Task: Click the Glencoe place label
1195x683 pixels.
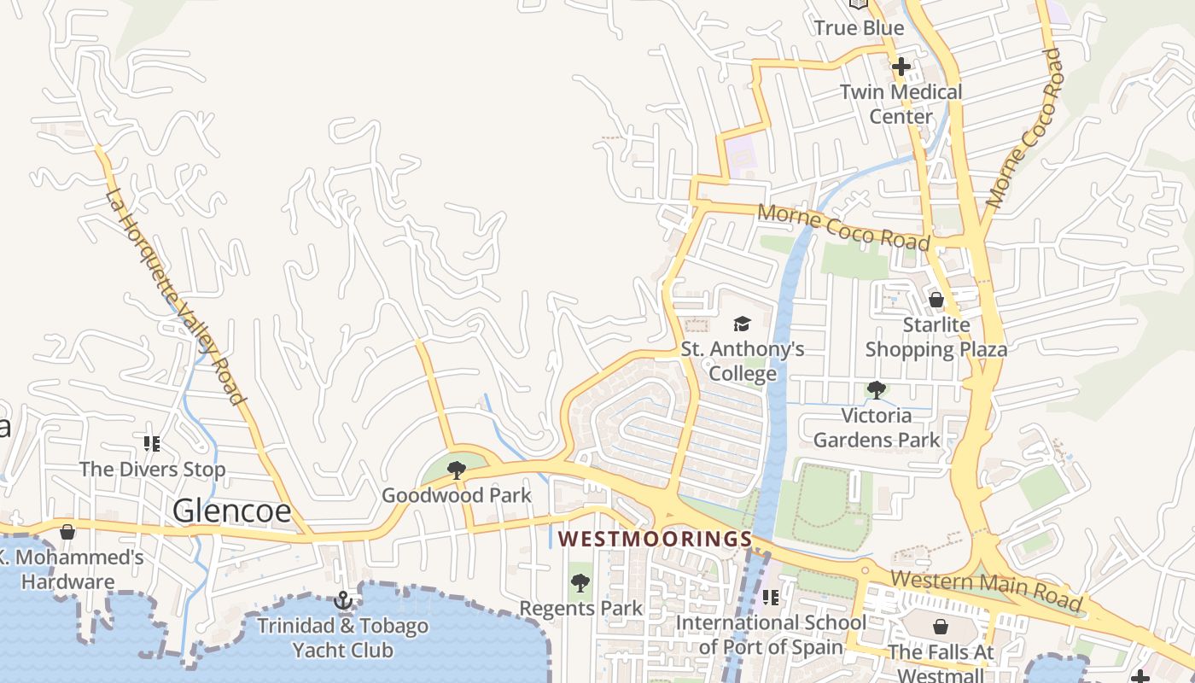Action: point(231,511)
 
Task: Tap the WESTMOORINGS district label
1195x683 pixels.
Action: point(655,540)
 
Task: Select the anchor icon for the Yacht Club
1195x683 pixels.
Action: point(343,600)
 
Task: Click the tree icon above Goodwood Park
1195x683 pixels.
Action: point(457,470)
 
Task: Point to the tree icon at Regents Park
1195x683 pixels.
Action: point(580,583)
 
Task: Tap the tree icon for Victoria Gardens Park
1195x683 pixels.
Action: point(876,390)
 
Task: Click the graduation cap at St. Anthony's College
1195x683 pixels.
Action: point(742,324)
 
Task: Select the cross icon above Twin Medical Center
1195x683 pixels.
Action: point(901,67)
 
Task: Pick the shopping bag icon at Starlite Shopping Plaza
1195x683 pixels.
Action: point(936,300)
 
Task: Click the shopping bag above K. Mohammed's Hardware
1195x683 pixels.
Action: point(67,532)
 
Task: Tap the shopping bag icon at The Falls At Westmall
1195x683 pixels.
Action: point(940,627)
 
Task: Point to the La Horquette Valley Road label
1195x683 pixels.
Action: point(176,297)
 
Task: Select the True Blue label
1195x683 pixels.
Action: point(859,28)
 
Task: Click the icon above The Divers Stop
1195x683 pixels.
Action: point(152,443)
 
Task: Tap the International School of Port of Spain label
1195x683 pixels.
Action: point(771,634)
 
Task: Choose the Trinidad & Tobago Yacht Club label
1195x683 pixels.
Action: point(343,638)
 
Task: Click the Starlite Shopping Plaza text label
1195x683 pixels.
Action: point(936,337)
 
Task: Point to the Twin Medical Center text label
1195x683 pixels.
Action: point(901,104)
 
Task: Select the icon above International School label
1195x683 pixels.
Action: point(771,598)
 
